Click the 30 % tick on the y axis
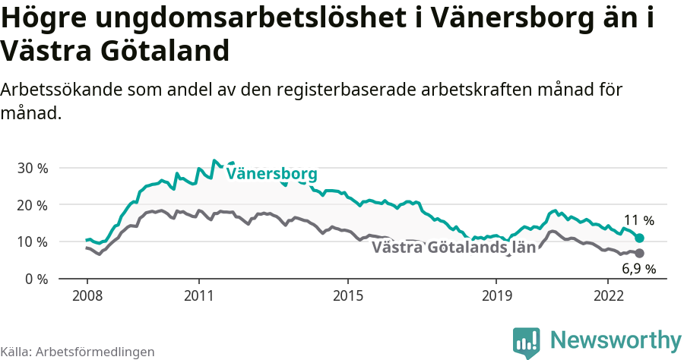tap(33, 168)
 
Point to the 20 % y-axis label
tap(33, 205)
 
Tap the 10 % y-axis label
tap(33, 242)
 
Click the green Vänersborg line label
tap(271, 174)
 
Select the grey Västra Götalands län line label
tap(454, 248)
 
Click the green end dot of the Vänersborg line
tap(640, 238)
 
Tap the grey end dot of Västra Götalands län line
tap(640, 253)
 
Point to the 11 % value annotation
tap(638, 221)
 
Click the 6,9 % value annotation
tap(638, 268)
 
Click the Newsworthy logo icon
tap(527, 342)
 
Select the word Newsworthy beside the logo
tap(616, 339)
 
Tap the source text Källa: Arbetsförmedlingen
tap(78, 352)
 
